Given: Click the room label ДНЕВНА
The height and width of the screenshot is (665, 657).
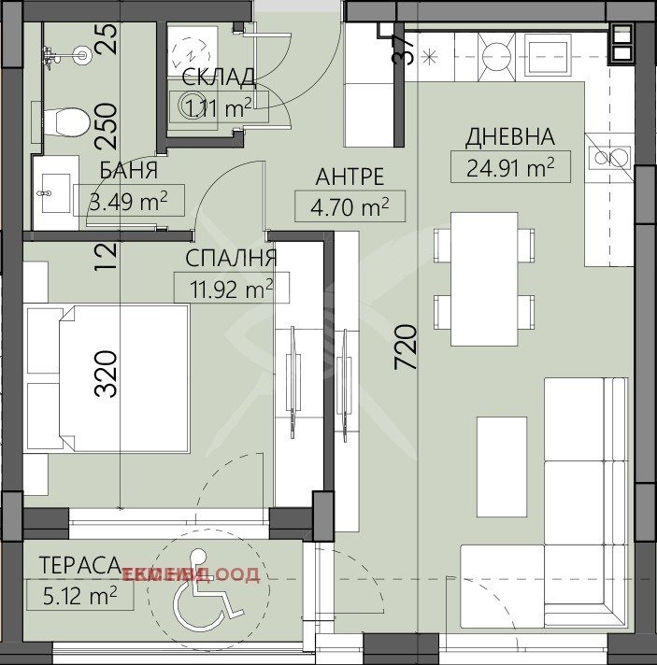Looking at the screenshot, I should [x=509, y=137].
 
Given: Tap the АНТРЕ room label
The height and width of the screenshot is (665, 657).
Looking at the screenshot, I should [x=350, y=177].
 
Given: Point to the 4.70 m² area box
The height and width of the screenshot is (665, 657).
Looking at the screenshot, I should [x=350, y=205].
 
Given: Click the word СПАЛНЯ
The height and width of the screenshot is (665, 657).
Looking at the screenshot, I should [x=231, y=258].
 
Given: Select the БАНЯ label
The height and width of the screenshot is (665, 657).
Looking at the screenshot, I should [x=129, y=172].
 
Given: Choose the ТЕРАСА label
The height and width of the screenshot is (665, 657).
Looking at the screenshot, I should [x=80, y=564].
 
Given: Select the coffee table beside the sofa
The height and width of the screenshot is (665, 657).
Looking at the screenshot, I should [x=503, y=465].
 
